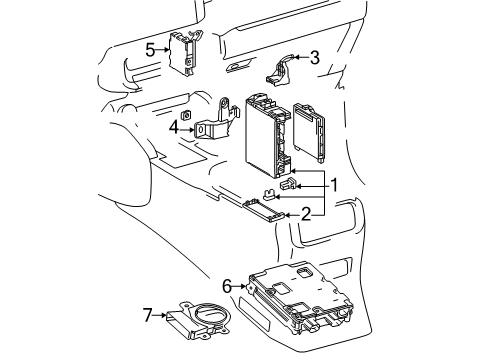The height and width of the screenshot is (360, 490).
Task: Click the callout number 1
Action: tap(334, 185)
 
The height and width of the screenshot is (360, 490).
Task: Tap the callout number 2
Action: tap(306, 214)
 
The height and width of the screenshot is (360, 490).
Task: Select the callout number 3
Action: tap(315, 57)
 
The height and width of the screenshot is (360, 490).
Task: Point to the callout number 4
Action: tap(174, 127)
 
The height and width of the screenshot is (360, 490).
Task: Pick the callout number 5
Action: tap(150, 50)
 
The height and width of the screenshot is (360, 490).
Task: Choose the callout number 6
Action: tap(227, 286)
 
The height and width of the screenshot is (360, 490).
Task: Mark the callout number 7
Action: tap(148, 315)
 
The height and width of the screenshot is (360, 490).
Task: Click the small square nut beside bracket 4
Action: tap(186, 115)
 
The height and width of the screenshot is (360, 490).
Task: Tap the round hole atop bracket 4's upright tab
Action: tap(225, 101)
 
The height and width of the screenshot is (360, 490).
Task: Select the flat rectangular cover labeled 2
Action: tap(264, 210)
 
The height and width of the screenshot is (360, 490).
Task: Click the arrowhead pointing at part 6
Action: tap(243, 286)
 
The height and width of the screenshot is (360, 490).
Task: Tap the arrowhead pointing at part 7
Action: tap(163, 315)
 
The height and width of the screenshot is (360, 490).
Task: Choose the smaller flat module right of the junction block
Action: tap(309, 133)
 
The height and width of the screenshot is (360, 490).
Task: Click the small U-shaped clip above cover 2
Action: tap(269, 194)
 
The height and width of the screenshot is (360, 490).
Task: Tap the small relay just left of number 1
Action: tap(288, 183)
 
